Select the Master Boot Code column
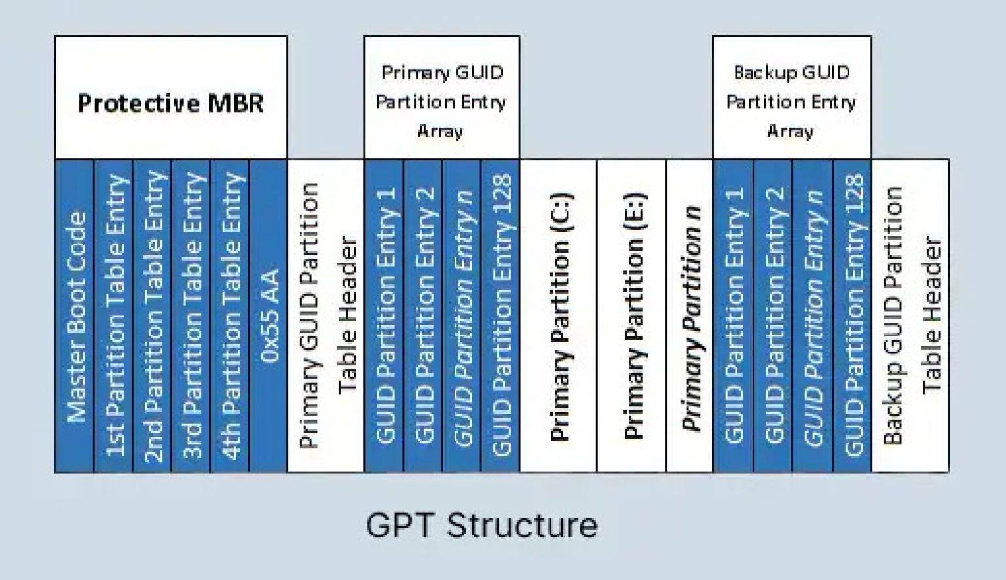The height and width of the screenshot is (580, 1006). pyautogui.click(x=75, y=316)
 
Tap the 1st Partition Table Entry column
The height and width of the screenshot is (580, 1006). pyautogui.click(x=113, y=316)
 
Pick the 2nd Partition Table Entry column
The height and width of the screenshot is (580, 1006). pyautogui.click(x=152, y=316)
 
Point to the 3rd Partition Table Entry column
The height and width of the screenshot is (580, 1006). pyautogui.click(x=191, y=316)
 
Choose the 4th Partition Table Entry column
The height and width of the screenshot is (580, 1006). pyautogui.click(x=229, y=316)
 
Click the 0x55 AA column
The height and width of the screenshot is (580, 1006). pyautogui.click(x=268, y=316)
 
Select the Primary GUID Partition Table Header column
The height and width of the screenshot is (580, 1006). pyautogui.click(x=326, y=316)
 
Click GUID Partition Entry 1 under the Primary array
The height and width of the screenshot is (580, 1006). pyautogui.click(x=384, y=316)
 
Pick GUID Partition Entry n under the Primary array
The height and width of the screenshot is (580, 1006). pyautogui.click(x=462, y=316)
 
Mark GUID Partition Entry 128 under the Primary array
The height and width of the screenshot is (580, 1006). pyautogui.click(x=500, y=316)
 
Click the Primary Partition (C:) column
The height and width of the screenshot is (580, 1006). pyautogui.click(x=558, y=316)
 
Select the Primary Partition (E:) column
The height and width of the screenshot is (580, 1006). pyautogui.click(x=631, y=316)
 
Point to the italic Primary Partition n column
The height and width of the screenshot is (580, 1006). pyautogui.click(x=690, y=316)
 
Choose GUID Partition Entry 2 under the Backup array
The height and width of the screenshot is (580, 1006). pyautogui.click(x=773, y=316)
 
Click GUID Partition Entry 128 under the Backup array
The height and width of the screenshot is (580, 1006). pyautogui.click(x=852, y=316)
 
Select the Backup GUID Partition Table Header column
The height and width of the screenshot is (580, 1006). pyautogui.click(x=910, y=316)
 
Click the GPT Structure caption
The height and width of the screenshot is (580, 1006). pyautogui.click(x=482, y=525)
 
